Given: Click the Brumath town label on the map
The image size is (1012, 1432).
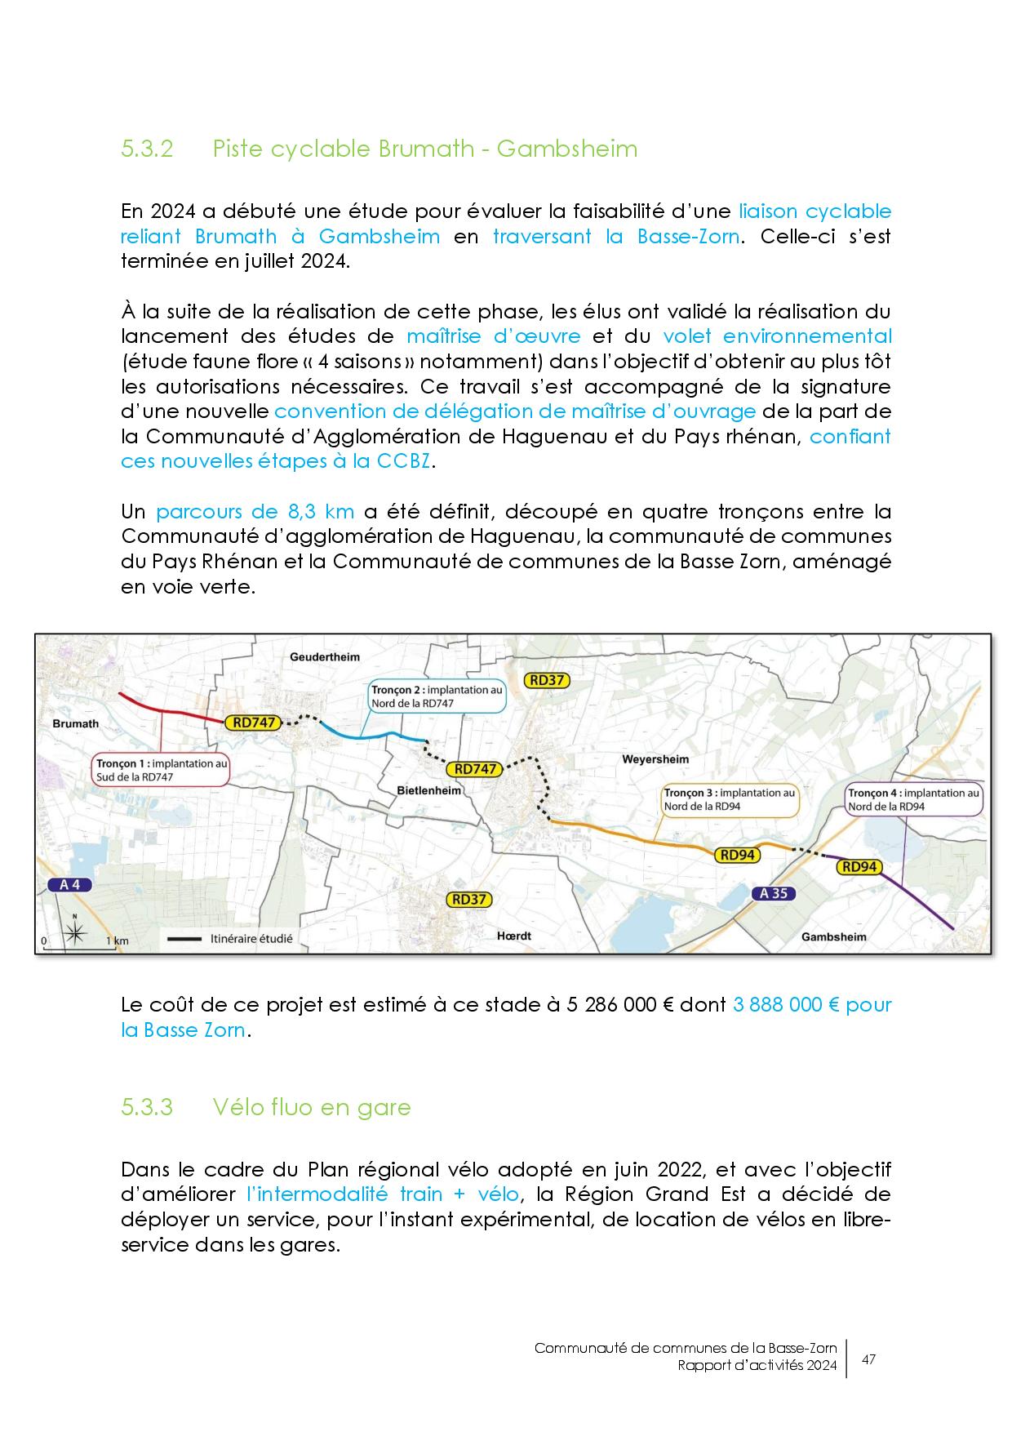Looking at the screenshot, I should click(x=75, y=723).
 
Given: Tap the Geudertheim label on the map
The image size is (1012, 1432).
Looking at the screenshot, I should click(x=325, y=656).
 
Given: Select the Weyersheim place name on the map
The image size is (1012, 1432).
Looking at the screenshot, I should click(x=655, y=759).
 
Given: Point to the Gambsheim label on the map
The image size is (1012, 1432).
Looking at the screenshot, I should click(x=834, y=936).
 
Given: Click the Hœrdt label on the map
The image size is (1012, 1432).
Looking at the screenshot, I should click(x=514, y=936).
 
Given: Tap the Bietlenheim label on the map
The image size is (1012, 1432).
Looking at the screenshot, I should click(x=428, y=790).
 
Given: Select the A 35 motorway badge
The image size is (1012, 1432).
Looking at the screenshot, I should click(x=773, y=893).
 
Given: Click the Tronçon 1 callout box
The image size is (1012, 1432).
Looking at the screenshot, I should click(x=159, y=770).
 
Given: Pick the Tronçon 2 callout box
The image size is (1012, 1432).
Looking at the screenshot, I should click(x=437, y=696).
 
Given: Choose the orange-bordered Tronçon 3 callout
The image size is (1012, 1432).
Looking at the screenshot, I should click(x=728, y=799).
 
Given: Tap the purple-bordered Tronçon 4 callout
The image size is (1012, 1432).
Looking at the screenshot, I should click(x=912, y=799).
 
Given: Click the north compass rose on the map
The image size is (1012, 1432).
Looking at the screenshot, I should click(x=74, y=931).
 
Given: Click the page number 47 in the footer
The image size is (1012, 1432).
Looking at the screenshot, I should click(x=868, y=1359).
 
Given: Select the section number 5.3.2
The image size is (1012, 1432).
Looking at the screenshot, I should click(x=147, y=149).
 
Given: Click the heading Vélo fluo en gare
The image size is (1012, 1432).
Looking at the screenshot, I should click(x=311, y=1107).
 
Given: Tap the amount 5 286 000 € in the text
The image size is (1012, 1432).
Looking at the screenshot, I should click(x=612, y=1004).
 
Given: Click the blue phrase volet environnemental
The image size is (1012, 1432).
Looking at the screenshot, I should click(x=777, y=336).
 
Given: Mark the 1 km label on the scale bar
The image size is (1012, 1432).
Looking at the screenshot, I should click(x=118, y=941).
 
